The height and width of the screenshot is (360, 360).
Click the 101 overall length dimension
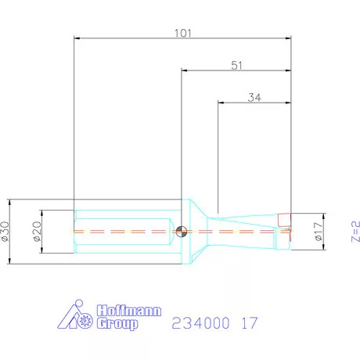[182, 33]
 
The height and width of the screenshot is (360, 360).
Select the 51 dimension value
[236, 66]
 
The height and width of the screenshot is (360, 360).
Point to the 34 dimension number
[254, 98]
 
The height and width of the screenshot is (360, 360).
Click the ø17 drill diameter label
[318, 232]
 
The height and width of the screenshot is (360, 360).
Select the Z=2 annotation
[355, 231]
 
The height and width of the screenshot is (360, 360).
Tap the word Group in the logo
[117, 323]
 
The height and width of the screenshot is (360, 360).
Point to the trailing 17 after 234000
[249, 322]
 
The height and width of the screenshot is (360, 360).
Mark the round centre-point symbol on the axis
[182, 231]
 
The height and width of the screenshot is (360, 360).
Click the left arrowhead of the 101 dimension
[77, 36]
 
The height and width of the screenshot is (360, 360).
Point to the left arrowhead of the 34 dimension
[221, 102]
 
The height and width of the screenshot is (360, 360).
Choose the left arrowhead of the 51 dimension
[185, 70]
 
